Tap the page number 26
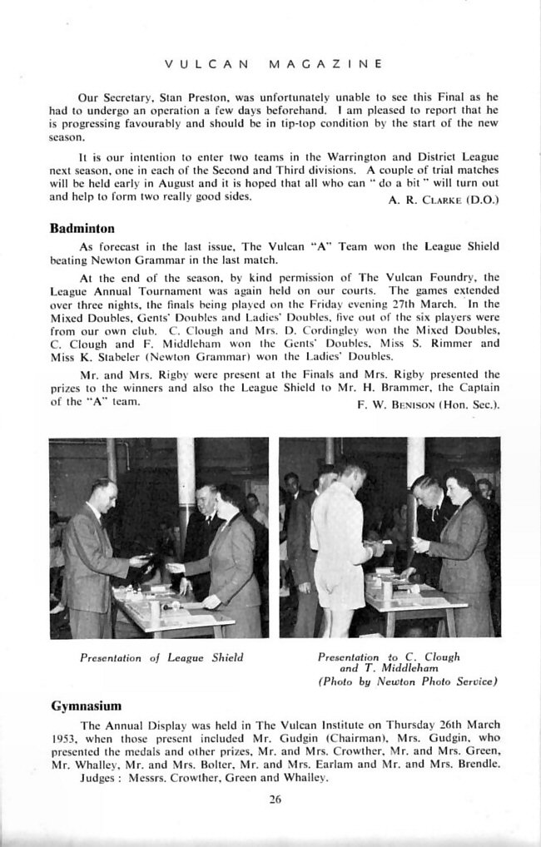point(275,800)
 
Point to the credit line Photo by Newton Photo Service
point(407,681)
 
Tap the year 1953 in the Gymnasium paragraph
point(64,737)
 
